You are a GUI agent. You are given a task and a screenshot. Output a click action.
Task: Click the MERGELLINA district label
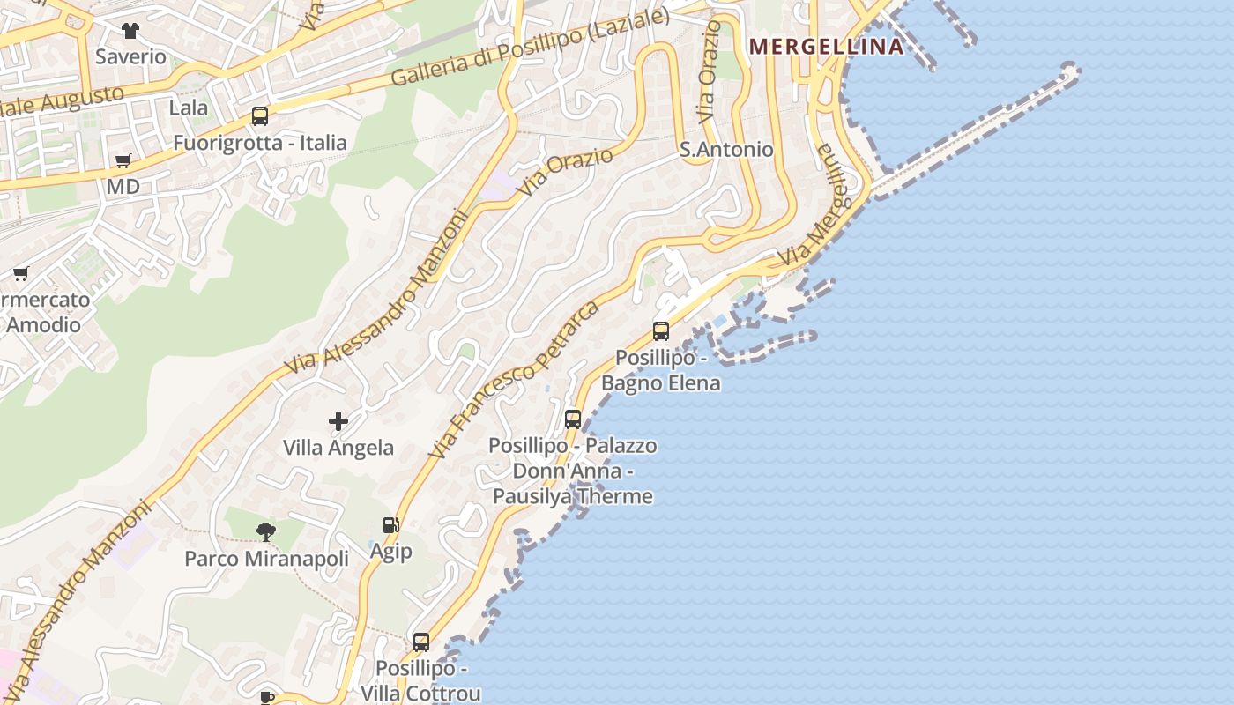826,47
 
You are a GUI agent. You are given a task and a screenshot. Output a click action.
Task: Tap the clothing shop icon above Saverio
130,31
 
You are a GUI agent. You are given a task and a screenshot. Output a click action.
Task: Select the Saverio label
130,56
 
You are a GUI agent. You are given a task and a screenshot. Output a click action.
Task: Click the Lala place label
188,108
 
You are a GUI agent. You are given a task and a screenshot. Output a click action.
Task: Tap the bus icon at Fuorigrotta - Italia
259,116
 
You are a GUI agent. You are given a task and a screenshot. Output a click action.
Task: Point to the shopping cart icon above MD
123,161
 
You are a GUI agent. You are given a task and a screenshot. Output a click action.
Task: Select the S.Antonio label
726,150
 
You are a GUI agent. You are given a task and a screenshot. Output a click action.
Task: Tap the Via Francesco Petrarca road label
516,380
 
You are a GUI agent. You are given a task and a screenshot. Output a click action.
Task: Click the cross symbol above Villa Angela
338,422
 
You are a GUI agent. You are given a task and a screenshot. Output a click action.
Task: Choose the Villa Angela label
338,448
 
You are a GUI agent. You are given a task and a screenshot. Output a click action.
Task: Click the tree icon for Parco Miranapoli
265,532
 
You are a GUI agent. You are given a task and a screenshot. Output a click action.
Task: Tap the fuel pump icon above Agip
390,525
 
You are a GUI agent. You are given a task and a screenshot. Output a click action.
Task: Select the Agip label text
390,552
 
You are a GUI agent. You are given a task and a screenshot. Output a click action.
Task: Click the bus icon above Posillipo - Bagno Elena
661,331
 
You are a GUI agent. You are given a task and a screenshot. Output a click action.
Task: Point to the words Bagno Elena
661,382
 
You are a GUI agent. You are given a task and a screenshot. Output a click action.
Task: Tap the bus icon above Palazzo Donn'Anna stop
573,419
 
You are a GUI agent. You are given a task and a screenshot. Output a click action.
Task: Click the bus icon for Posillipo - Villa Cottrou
421,642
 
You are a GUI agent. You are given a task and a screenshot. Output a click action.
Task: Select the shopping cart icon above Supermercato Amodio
21,274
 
